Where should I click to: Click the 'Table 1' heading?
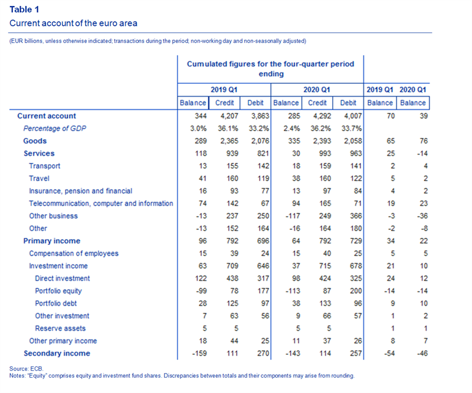point(24,9)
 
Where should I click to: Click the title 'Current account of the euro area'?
point(73,23)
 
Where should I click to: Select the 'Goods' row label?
point(35,141)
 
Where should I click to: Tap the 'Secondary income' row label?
point(57,353)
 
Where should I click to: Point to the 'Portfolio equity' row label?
point(58,291)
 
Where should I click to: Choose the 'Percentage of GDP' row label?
point(55,129)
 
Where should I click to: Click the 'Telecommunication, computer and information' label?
point(101,204)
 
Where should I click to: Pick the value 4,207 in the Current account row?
point(228,116)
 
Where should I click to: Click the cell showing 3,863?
point(260,116)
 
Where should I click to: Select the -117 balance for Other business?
point(293,216)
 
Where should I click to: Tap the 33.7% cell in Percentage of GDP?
point(351,129)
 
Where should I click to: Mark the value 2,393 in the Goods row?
point(321,141)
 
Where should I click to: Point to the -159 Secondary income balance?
point(199,353)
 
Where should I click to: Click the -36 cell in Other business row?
point(422,216)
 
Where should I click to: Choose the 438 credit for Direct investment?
point(232,279)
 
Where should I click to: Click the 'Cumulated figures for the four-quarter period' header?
point(270,64)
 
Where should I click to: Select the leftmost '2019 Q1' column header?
point(224,90)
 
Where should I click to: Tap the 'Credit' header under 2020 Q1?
point(317,103)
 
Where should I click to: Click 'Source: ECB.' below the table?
point(27,369)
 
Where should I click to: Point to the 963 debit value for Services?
point(356,153)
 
